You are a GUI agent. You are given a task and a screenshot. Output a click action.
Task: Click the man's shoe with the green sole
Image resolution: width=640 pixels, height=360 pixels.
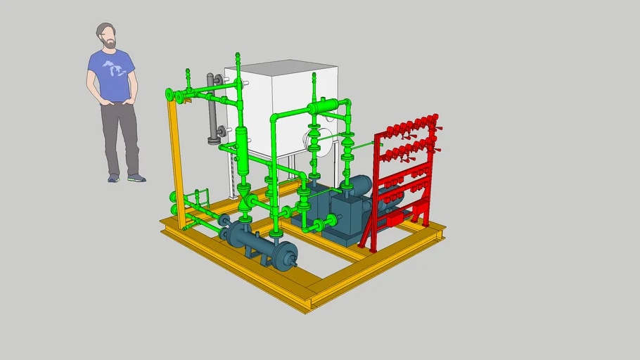click(136, 179)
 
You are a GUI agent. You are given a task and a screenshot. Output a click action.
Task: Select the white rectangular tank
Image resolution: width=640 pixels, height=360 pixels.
click(274, 91)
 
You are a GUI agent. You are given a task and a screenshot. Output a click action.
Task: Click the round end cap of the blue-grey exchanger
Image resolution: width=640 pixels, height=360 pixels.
click(285, 257)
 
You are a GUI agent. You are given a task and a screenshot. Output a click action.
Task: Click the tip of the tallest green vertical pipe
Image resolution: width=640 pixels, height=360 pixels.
click(237, 54)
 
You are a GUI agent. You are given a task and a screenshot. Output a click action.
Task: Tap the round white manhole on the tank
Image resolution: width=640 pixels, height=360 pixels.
click(313, 138)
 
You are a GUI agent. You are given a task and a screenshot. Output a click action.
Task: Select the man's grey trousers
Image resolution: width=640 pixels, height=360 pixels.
click(120, 137)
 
